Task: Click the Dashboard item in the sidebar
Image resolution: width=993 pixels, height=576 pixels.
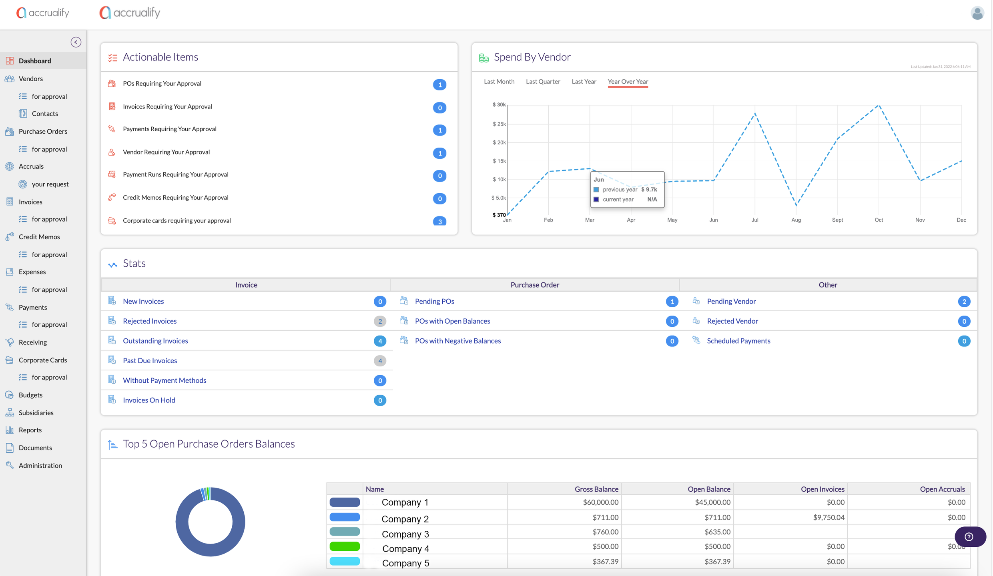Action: pyautogui.click(x=35, y=61)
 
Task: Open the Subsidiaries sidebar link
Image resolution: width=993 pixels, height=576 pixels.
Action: pyautogui.click(x=36, y=412)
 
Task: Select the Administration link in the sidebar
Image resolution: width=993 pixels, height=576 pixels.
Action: pyautogui.click(x=40, y=465)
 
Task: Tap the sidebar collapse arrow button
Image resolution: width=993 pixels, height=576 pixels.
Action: pyautogui.click(x=76, y=42)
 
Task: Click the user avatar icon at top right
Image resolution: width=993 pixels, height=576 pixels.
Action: pyautogui.click(x=977, y=13)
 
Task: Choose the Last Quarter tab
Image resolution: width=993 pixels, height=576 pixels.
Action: pyautogui.click(x=543, y=82)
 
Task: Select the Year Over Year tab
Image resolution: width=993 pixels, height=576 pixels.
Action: pyautogui.click(x=628, y=82)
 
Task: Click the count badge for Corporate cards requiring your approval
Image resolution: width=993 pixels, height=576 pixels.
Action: pyautogui.click(x=439, y=221)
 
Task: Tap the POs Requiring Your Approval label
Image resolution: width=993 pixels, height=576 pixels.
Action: pyautogui.click(x=162, y=84)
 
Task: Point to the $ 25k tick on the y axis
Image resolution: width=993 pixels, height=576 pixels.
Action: pyautogui.click(x=499, y=124)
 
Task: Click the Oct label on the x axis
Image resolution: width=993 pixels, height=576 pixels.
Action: pyautogui.click(x=879, y=220)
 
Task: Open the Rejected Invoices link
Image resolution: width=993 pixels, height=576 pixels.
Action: pyautogui.click(x=150, y=321)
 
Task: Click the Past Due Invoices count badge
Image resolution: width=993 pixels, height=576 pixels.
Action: pyautogui.click(x=380, y=361)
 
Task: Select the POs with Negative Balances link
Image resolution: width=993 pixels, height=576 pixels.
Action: pyautogui.click(x=457, y=341)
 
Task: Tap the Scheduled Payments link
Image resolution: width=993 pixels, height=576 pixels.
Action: pyautogui.click(x=738, y=341)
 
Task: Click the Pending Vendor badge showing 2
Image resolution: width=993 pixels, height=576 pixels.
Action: pyautogui.click(x=964, y=302)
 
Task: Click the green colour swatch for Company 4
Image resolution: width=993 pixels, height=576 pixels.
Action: pyautogui.click(x=345, y=546)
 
